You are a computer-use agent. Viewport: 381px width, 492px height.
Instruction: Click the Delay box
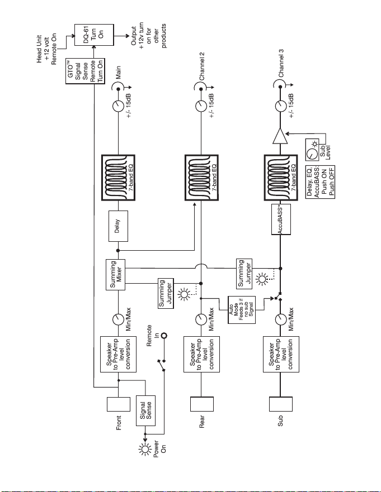tap(118, 226)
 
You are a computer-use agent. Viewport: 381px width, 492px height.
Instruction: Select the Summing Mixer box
tap(115, 275)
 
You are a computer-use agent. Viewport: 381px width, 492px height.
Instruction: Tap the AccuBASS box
tap(281, 219)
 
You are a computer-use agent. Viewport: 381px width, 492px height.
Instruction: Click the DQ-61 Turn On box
tap(94, 35)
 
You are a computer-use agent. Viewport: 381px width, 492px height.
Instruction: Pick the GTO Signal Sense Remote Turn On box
tap(85, 71)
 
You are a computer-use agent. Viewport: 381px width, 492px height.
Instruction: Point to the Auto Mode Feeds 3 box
tap(242, 310)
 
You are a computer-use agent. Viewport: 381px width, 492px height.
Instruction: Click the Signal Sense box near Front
tap(145, 410)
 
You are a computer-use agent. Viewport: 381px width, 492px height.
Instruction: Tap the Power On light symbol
tap(145, 450)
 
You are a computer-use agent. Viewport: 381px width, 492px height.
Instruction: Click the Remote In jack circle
tap(163, 336)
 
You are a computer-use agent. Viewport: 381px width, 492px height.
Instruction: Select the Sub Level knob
tap(312, 154)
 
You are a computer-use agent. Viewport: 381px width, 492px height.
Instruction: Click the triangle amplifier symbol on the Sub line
tap(280, 136)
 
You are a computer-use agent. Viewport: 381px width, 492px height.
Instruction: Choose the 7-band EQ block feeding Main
tap(118, 178)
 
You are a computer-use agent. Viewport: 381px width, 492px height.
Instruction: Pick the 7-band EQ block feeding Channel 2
tap(201, 178)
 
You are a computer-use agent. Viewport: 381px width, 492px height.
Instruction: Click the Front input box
tap(119, 404)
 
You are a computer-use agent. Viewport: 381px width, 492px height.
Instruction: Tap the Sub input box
tap(281, 404)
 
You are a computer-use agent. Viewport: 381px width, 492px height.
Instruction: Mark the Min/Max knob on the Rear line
tap(201, 319)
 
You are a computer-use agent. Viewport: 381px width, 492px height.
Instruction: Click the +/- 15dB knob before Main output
tap(118, 106)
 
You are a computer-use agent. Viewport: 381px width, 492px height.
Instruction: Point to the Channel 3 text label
tap(281, 63)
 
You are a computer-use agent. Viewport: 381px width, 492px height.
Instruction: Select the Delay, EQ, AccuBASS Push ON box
tap(320, 182)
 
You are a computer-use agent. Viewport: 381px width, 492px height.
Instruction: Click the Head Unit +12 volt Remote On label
tap(46, 50)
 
